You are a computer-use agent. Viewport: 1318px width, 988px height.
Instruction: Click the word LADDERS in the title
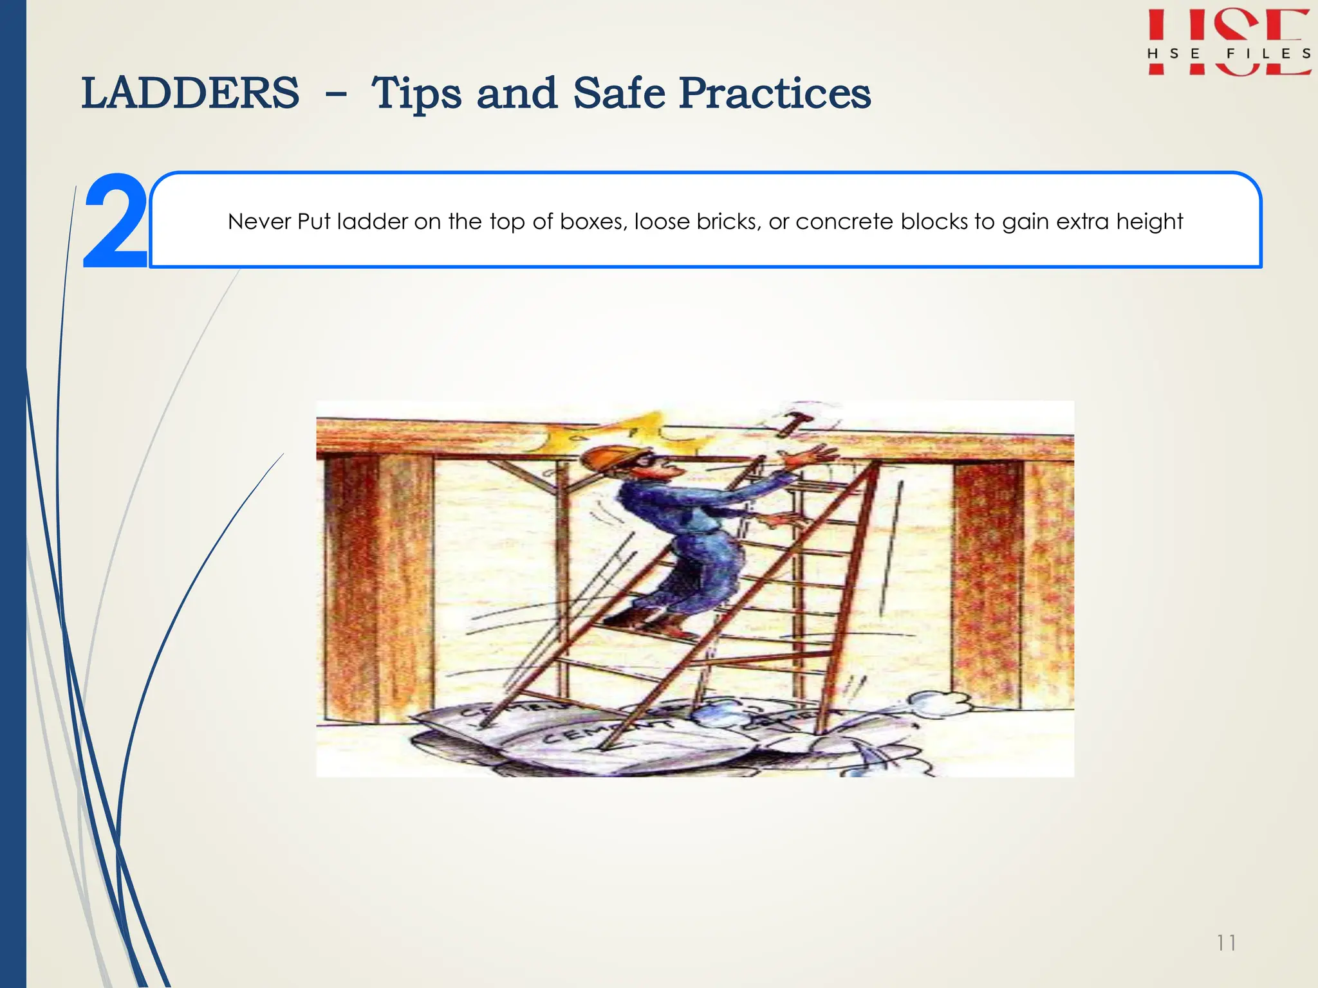click(x=190, y=93)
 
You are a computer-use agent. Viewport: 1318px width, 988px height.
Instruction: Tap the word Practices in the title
click(x=775, y=93)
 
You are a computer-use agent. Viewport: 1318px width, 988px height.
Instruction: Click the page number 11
click(x=1226, y=943)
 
